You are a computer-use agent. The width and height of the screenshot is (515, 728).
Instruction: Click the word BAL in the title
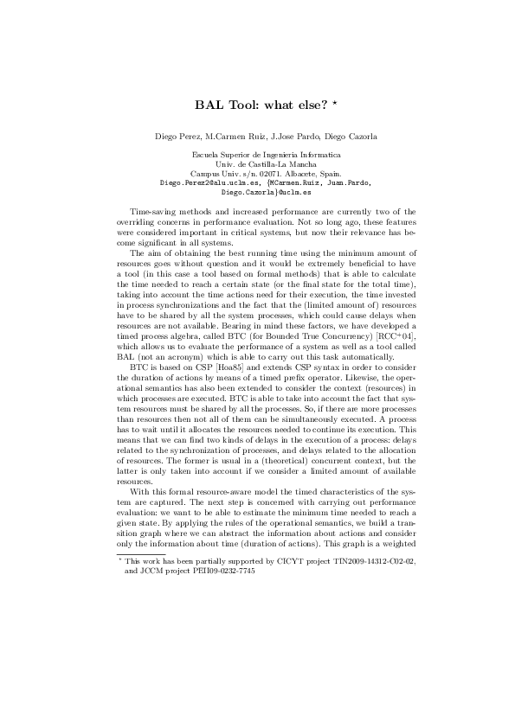(209, 105)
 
